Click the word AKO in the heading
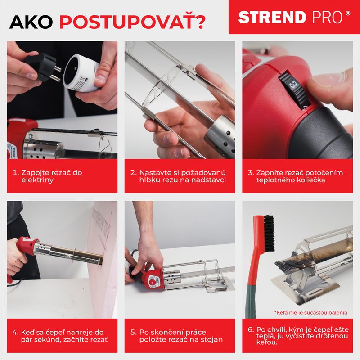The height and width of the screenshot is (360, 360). [31, 22]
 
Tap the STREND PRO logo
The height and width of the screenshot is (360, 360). [294, 17]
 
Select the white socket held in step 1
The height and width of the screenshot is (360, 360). [81, 73]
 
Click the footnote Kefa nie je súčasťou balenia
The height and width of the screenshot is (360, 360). [310, 312]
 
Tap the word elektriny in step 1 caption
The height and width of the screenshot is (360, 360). [37, 180]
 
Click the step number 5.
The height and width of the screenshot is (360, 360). [133, 332]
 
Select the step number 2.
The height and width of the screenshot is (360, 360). [133, 173]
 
